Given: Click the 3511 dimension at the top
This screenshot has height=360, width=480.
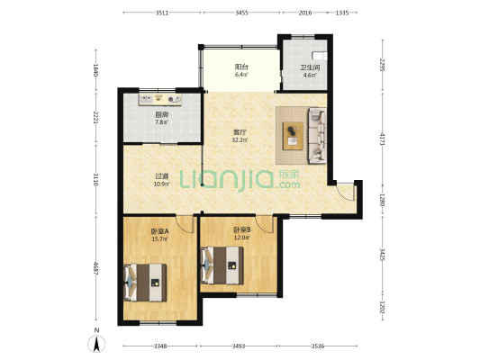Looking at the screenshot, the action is [x=162, y=13].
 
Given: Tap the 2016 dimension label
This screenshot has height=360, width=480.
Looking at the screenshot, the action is [x=305, y=13].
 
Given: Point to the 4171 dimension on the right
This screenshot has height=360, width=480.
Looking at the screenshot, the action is [x=382, y=139].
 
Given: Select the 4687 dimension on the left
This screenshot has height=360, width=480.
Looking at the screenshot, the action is [x=95, y=268].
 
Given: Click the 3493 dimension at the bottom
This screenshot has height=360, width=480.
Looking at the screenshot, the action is [x=239, y=346].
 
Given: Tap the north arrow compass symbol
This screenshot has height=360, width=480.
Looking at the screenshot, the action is [x=96, y=344].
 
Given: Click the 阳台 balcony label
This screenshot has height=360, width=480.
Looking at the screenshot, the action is [x=241, y=67].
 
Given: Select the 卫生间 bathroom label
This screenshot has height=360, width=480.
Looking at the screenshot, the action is [x=310, y=67].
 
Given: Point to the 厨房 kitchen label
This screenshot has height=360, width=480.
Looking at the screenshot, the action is [x=162, y=115].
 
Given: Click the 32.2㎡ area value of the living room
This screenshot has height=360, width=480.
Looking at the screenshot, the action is [x=240, y=140].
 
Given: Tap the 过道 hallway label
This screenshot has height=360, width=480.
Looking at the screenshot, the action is [x=162, y=176].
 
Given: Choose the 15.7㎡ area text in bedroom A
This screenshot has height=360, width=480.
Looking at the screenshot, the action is [x=159, y=239].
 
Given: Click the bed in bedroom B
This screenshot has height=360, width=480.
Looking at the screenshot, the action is [x=222, y=265].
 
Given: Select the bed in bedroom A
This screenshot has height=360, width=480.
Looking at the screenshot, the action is [x=145, y=283].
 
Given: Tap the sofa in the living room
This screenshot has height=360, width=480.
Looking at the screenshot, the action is [x=318, y=135].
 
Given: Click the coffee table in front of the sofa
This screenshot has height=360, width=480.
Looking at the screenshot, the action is [x=293, y=136].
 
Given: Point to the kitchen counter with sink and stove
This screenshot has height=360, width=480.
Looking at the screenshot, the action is [x=160, y=99].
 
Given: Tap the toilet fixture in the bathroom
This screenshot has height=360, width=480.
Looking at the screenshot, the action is [x=320, y=56].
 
